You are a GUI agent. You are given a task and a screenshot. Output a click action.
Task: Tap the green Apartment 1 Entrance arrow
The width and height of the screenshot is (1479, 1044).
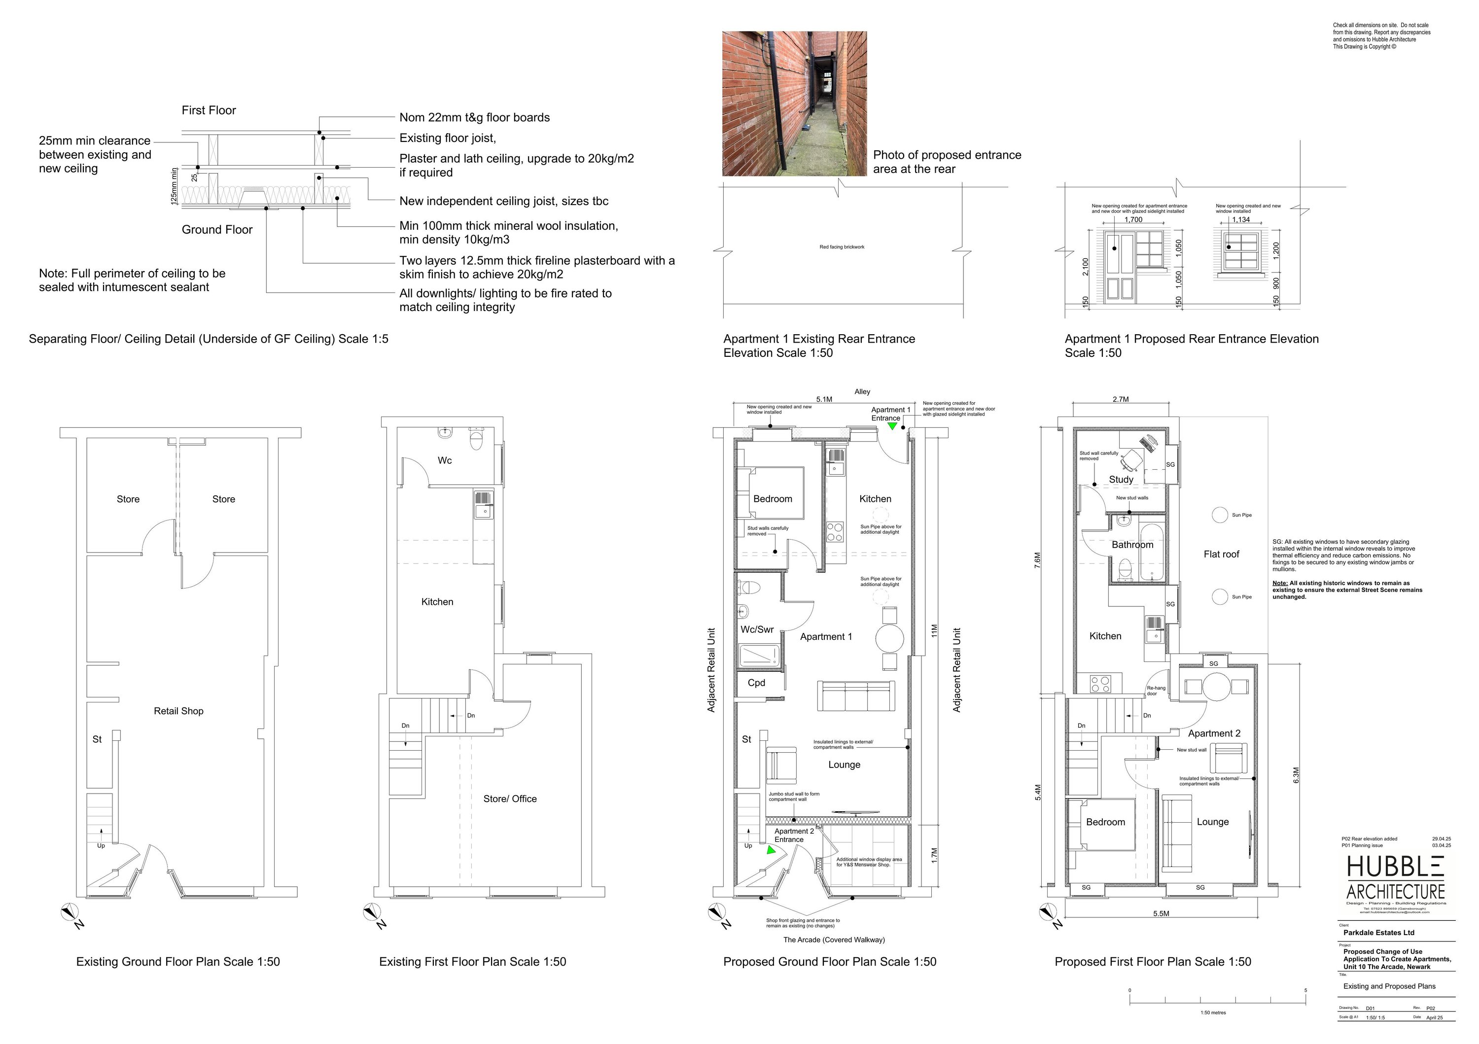[x=892, y=426]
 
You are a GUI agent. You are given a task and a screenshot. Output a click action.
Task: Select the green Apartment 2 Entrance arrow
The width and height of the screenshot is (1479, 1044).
[x=771, y=850]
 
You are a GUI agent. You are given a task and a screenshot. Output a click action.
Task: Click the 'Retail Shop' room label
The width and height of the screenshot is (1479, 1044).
[x=178, y=711]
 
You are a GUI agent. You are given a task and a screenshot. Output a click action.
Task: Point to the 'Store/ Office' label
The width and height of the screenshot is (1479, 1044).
[x=510, y=799]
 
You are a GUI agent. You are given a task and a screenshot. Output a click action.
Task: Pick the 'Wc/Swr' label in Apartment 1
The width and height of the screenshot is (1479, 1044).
[x=757, y=629]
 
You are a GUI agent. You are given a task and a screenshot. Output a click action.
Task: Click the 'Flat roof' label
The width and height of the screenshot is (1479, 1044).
[x=1221, y=554]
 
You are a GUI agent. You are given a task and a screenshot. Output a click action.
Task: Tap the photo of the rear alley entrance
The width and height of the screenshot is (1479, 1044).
[x=794, y=104]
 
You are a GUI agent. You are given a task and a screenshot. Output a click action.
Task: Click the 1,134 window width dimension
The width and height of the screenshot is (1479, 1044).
[x=1241, y=220]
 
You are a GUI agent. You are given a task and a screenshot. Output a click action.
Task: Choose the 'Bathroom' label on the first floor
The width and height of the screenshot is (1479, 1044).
[x=1132, y=545]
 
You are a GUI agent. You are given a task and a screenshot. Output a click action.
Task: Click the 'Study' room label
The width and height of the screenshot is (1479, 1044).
[x=1121, y=479]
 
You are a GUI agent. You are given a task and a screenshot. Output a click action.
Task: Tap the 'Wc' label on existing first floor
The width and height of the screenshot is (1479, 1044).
[x=445, y=460]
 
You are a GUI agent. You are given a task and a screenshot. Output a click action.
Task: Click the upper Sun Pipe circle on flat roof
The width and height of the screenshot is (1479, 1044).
[x=1219, y=515]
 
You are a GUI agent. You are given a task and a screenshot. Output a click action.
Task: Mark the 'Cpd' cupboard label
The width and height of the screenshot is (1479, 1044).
[x=756, y=683]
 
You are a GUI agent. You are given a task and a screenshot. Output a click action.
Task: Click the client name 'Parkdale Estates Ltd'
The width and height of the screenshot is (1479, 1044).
[x=1378, y=933]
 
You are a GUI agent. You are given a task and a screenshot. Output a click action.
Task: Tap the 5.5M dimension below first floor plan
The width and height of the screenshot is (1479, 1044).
[x=1161, y=913]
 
